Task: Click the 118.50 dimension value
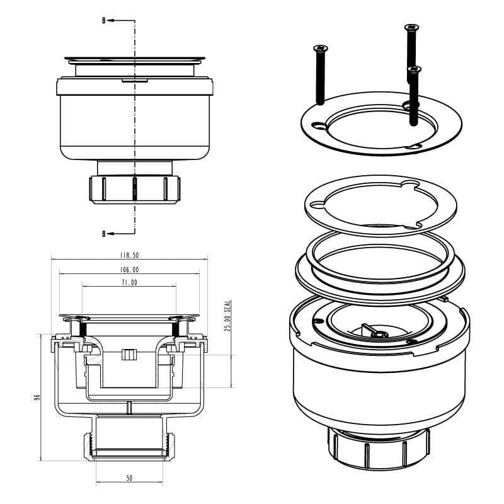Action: [129, 255]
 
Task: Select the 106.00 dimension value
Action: [129, 270]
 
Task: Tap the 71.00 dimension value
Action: [129, 282]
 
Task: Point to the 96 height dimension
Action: [37, 398]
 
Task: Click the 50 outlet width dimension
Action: [129, 478]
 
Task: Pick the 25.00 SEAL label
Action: [227, 316]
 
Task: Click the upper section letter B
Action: [104, 21]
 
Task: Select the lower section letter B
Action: [104, 234]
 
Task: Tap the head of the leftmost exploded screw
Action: [321, 49]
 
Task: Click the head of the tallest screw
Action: [411, 27]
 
